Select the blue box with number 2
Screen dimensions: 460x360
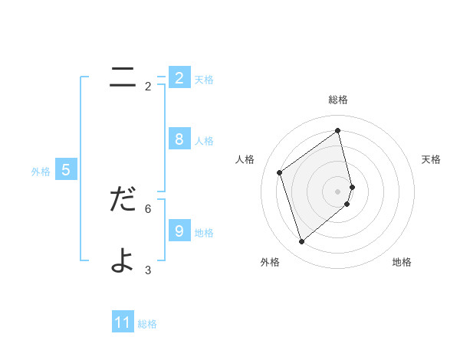point(179,78)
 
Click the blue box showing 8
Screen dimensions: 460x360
point(179,139)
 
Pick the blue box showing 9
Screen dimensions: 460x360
point(179,231)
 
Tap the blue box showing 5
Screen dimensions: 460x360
point(66,170)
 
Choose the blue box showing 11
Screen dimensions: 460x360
point(123,322)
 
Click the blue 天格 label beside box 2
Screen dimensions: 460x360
point(204,80)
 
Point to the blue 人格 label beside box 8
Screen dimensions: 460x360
point(204,141)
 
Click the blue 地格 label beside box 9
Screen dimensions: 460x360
point(204,233)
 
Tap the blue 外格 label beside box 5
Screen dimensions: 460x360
point(41,172)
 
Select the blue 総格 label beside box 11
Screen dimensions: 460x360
point(147,324)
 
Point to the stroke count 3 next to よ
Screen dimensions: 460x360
point(148,270)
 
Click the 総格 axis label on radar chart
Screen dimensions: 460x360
point(338,100)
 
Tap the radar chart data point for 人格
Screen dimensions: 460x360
point(280,172)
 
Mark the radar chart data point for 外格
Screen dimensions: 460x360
point(301,242)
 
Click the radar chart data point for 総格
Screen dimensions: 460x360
point(338,131)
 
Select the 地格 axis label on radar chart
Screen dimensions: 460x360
point(402,262)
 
